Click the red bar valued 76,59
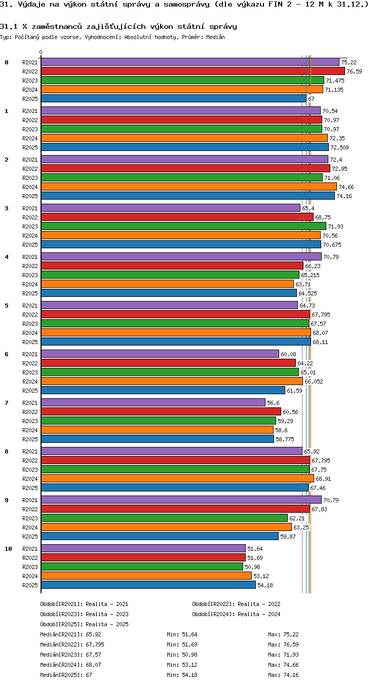[193, 71]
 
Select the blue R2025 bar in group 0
[173, 99]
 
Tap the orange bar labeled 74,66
[189, 186]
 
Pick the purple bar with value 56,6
[153, 402]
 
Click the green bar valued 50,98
[142, 567]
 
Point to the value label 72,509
[339, 147]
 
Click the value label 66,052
[314, 382]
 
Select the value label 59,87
[288, 537]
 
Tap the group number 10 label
[8, 549]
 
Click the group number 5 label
[7, 306]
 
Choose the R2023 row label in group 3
[30, 226]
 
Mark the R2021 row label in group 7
[30, 403]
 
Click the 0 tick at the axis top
[41, 52]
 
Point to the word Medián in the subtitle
[215, 37]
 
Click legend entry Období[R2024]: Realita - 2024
[236, 614]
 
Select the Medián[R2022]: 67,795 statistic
[72, 644]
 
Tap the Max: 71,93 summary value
[283, 655]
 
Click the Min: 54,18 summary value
[182, 674]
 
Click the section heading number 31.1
[9, 26]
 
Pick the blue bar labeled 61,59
[163, 390]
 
